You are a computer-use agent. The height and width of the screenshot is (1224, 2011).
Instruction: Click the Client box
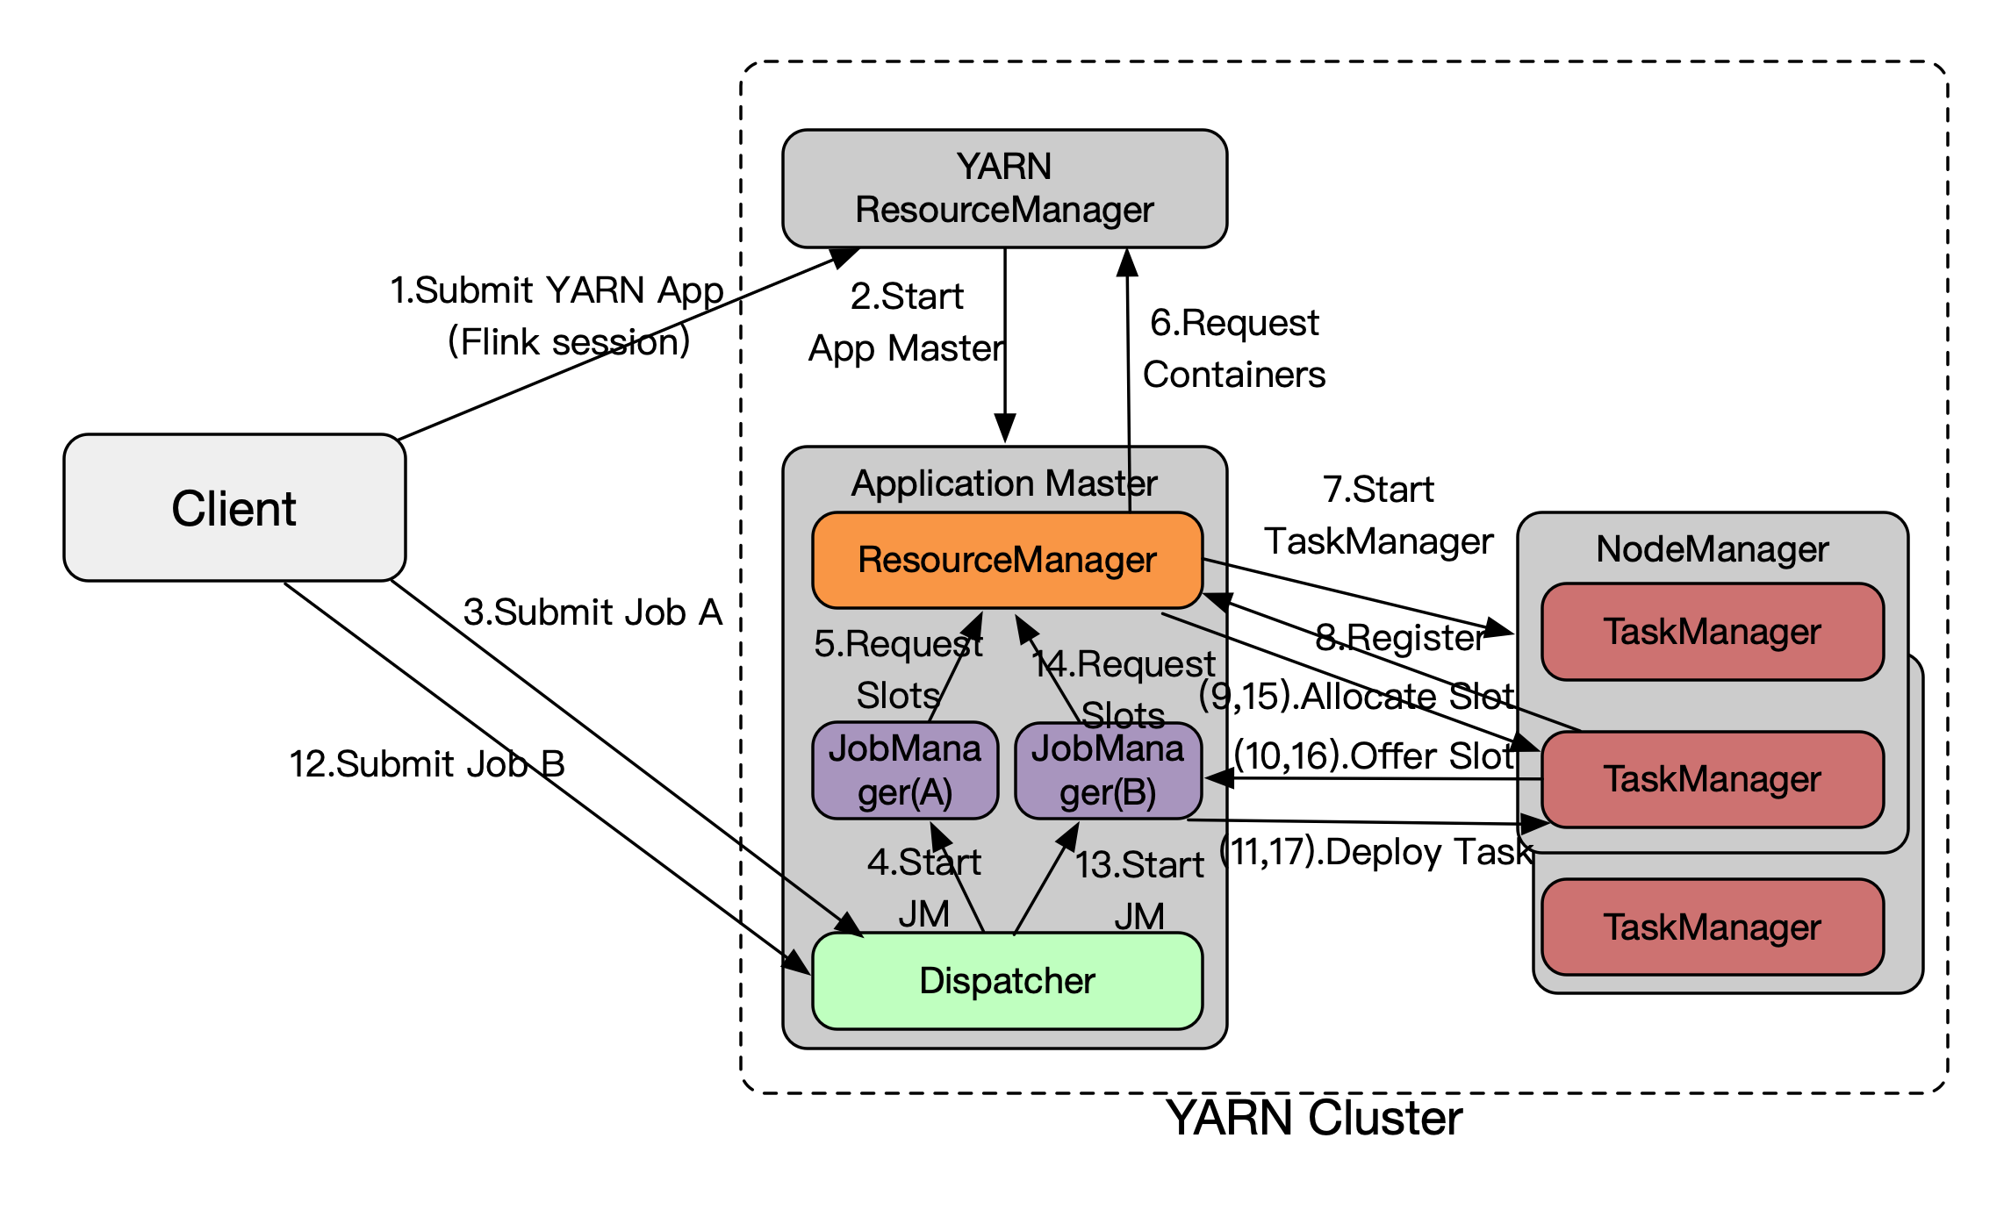point(234,508)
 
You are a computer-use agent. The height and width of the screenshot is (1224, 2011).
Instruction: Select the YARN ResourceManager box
point(1004,189)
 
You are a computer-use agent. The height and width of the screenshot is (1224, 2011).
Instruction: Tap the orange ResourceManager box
point(1007,560)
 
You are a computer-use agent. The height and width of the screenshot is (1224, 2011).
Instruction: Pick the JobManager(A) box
point(905,770)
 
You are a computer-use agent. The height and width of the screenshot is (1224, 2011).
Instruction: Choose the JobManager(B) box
point(1108,770)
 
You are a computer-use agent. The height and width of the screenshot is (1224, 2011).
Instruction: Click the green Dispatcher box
point(1007,981)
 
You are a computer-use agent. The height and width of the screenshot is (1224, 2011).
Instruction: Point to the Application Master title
point(1004,483)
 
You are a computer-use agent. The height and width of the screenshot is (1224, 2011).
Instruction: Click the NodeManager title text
point(1712,549)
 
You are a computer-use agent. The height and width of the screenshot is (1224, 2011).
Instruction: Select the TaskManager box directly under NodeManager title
point(1712,632)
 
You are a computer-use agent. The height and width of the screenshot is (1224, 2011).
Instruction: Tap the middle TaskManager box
point(1712,779)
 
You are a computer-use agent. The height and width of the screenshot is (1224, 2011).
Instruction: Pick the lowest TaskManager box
point(1712,927)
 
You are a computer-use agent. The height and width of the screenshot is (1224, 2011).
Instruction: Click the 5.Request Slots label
point(898,669)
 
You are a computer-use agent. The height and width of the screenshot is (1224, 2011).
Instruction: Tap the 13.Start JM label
point(1139,890)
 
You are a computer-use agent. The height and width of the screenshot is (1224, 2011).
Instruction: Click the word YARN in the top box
point(1003,167)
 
